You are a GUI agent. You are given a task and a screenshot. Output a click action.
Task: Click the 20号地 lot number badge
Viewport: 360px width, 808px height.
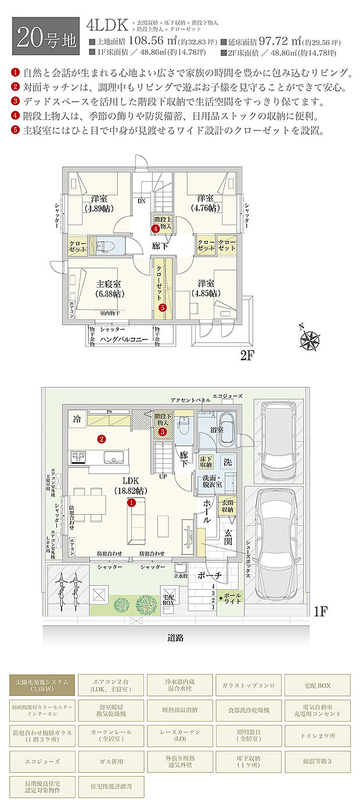click(45, 36)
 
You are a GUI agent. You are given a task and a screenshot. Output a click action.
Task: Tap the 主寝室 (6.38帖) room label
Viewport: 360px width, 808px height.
click(108, 288)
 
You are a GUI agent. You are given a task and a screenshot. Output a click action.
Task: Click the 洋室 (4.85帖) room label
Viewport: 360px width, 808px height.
click(207, 288)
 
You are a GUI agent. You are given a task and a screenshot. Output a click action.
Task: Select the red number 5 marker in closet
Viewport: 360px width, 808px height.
click(163, 307)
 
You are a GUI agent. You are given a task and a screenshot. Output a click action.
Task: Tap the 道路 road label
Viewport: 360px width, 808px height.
click(175, 637)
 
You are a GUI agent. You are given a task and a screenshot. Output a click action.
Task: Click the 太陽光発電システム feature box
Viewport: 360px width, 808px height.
click(41, 685)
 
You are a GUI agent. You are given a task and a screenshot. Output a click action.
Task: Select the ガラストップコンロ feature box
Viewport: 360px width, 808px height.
click(249, 685)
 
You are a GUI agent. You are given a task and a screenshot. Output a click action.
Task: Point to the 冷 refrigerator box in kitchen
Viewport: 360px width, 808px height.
click(77, 419)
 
